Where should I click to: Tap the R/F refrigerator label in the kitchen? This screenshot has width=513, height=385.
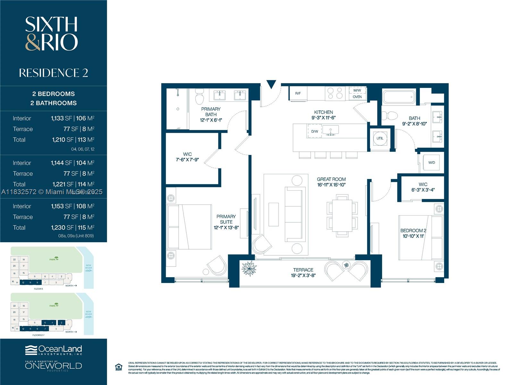click(x=298, y=93)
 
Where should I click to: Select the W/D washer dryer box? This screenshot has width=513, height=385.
click(x=432, y=163)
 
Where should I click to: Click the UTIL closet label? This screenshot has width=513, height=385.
click(x=380, y=138)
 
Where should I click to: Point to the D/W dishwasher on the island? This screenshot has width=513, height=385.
click(x=315, y=131)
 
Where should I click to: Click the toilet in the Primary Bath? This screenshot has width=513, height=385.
click(x=199, y=96)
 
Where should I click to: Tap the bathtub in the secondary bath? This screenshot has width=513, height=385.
click(x=399, y=97)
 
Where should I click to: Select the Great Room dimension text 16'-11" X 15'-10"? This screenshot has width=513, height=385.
click(x=331, y=185)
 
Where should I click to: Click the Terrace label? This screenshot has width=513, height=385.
click(x=303, y=270)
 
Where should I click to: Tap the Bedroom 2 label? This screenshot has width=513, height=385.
click(x=413, y=230)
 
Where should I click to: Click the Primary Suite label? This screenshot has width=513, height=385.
click(x=226, y=219)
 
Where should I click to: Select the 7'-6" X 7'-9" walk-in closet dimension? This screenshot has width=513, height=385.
click(x=187, y=159)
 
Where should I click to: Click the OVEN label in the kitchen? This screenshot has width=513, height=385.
click(x=357, y=97)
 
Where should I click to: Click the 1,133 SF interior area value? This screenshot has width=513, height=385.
click(x=61, y=118)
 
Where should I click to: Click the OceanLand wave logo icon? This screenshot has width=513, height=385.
click(x=31, y=350)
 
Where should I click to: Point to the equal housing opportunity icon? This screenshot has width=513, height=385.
click(x=119, y=367)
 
